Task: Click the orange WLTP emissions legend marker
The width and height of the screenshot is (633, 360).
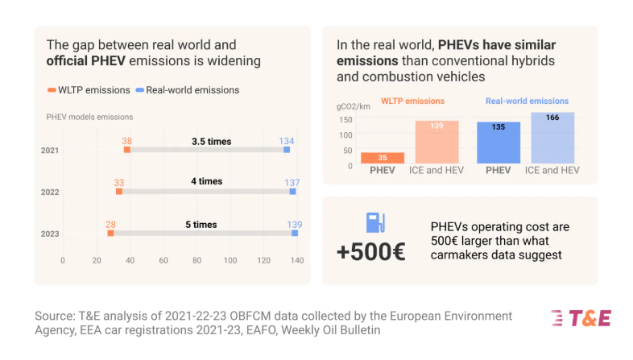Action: pos(51,90)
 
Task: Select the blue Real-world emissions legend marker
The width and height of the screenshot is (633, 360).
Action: pos(140,90)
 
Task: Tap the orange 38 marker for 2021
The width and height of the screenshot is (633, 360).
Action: pos(127,150)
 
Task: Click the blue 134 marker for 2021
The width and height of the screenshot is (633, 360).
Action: pos(287,150)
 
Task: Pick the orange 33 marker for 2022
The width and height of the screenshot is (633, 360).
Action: pos(119,192)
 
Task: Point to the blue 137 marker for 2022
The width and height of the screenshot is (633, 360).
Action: pos(292,192)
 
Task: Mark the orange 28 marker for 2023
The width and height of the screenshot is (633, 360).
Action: pos(110,234)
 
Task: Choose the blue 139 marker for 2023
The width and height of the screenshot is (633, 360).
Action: pos(295,234)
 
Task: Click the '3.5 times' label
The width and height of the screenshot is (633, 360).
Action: pos(211,142)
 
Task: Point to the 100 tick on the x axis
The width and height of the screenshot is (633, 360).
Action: pos(230,260)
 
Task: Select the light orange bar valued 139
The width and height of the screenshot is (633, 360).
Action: pos(436,143)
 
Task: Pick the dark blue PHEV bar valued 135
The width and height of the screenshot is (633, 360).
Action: pos(499,143)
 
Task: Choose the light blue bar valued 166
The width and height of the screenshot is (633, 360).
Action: pos(552,138)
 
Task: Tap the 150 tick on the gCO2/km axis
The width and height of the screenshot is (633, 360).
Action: pos(345,120)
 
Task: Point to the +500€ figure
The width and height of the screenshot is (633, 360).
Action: pos(371,252)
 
